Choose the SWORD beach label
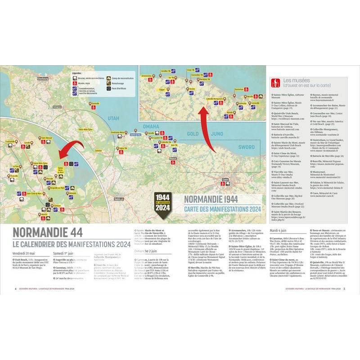[x=246, y=147]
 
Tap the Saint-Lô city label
[x=119, y=198]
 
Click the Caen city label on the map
[x=225, y=179]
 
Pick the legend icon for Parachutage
[x=108, y=83]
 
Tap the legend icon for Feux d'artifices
[x=108, y=89]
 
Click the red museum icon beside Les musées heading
[x=274, y=83]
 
